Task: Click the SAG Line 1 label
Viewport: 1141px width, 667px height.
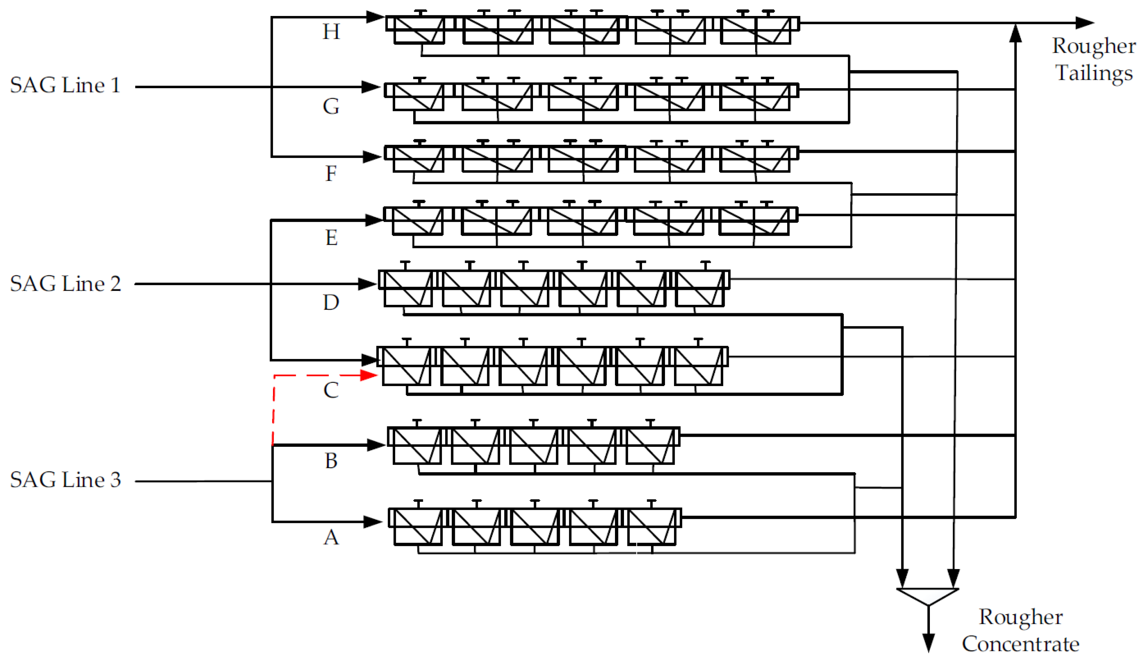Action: (65, 85)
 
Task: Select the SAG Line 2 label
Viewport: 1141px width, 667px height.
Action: (65, 284)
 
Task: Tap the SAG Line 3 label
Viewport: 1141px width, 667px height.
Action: (65, 480)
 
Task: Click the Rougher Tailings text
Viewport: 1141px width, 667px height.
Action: (1093, 59)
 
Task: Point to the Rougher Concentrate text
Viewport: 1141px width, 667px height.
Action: (1021, 630)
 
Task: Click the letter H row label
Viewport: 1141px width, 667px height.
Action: (331, 32)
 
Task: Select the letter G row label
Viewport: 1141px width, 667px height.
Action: (331, 106)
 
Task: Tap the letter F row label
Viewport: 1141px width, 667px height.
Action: (331, 173)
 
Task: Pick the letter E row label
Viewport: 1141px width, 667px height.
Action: (331, 238)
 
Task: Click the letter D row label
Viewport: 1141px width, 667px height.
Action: (331, 302)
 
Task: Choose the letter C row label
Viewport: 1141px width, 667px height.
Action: (331, 390)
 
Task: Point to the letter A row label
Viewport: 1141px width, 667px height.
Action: (331, 538)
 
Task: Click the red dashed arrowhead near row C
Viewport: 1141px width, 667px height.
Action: (369, 375)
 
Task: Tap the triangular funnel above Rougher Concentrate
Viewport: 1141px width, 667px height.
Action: (928, 595)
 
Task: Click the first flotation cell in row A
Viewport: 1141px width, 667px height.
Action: (417, 526)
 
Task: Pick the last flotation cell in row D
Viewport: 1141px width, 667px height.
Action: (700, 289)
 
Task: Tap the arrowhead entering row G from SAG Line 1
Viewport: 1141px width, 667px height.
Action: (371, 86)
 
